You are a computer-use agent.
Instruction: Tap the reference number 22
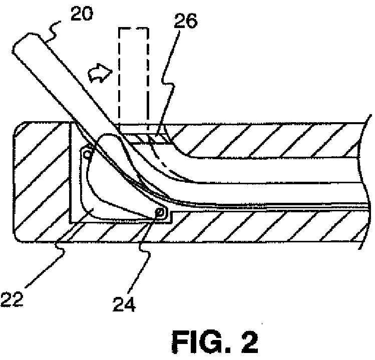click(x=11, y=299)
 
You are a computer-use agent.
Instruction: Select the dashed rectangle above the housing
click(x=134, y=75)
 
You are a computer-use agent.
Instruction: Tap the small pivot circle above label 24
click(x=160, y=213)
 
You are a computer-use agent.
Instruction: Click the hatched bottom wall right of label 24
click(x=260, y=225)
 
